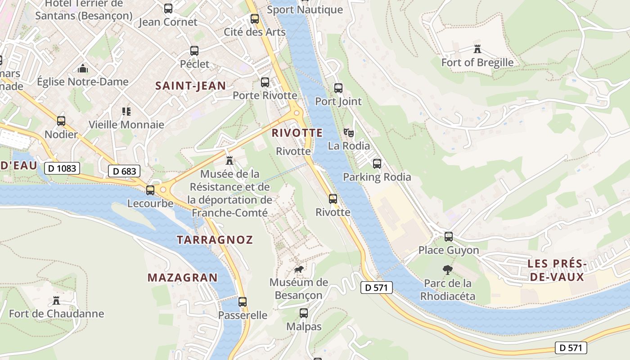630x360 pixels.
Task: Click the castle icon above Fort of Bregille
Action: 477,49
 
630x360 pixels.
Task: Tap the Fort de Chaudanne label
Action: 56,314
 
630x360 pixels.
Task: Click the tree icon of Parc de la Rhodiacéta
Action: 447,270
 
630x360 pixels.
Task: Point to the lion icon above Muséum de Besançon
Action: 298,270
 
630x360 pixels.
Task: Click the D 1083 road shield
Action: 62,169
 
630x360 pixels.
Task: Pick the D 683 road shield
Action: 124,171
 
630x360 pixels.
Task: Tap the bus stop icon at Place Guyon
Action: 449,237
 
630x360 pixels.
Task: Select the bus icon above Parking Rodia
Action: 377,164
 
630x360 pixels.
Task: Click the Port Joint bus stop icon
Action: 338,88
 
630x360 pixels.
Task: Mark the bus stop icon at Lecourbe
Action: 150,190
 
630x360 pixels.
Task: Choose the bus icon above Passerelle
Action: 243,302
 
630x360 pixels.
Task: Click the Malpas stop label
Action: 304,326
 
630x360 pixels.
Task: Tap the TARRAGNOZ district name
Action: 215,240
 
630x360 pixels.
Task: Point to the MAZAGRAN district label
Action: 182,278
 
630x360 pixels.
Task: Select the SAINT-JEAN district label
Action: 190,86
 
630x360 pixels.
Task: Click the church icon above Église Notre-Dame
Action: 83,68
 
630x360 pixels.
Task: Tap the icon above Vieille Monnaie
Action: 126,111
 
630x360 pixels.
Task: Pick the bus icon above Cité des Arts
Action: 255,19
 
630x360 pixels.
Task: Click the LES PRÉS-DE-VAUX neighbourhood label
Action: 557,270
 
